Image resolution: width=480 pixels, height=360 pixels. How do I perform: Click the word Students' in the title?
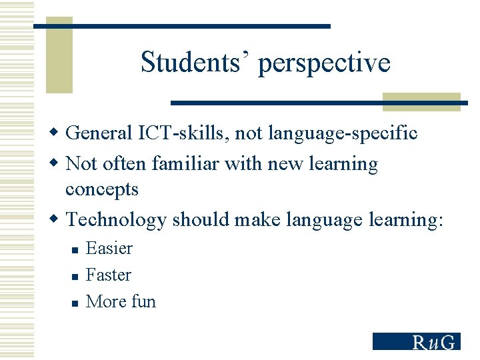pos(195,63)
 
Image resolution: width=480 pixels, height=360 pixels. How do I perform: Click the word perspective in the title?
pos(324,64)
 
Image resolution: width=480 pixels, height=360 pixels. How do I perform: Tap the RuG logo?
pos(416,341)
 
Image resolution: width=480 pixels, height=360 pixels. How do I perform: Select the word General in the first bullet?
pos(99,133)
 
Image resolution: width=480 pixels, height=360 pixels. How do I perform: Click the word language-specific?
pos(343,134)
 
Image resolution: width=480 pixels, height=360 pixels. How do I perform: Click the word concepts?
pos(102,190)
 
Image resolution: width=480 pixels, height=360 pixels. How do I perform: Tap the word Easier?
pos(109,249)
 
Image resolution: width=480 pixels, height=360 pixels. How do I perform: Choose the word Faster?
pos(109,275)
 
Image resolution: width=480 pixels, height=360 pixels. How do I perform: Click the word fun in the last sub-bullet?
pos(143,301)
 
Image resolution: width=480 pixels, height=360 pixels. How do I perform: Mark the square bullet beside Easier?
pos(75,250)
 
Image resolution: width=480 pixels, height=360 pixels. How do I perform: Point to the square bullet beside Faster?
pos(75,276)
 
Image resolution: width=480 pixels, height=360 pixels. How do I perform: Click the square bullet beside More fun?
pos(75,303)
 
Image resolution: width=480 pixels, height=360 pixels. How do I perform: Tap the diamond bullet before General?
pos(58,133)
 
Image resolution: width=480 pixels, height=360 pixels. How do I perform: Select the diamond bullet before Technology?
pos(58,219)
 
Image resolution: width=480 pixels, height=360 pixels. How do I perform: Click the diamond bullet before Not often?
pos(58,163)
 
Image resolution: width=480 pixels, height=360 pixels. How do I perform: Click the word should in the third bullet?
pos(197,220)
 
